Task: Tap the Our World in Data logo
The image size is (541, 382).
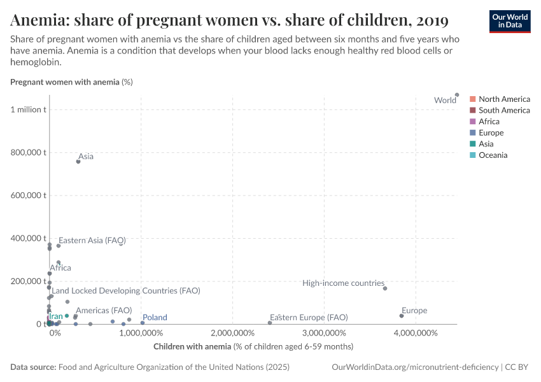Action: (x=509, y=20)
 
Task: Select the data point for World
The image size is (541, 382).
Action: (x=457, y=95)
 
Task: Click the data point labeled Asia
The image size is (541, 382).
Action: (x=78, y=162)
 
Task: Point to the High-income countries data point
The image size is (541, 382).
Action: (x=385, y=288)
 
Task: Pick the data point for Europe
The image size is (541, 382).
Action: (x=402, y=316)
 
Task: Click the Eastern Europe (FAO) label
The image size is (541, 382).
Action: (x=309, y=317)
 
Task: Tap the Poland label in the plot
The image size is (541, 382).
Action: (x=155, y=317)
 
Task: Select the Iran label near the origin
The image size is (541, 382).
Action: (x=56, y=316)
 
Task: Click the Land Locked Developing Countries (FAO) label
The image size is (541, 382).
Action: (x=126, y=290)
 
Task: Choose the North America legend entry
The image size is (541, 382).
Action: (x=504, y=99)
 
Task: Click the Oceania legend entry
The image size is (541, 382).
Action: (x=493, y=155)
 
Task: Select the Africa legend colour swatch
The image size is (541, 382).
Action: (x=472, y=122)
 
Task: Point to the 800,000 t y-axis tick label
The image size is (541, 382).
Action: (x=27, y=152)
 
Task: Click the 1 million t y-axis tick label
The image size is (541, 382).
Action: (x=28, y=110)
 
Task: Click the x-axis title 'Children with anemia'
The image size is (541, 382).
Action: (x=253, y=346)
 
